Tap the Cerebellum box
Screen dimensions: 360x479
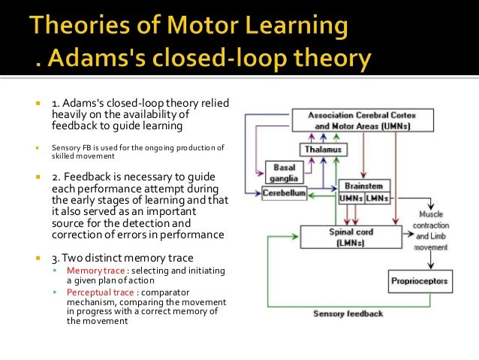coord(284,193)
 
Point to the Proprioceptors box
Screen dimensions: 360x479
coord(420,282)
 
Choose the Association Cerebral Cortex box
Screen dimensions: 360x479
coord(361,120)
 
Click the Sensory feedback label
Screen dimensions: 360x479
coord(348,313)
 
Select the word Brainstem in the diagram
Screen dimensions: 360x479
coord(363,185)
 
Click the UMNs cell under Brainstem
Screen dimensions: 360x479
coord(350,198)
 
